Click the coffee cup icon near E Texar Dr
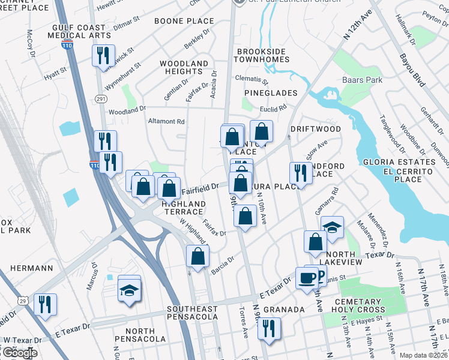click(x=308, y=278)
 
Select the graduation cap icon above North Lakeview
click(x=332, y=227)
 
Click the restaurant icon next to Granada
click(x=269, y=328)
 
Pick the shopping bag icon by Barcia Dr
click(x=198, y=256)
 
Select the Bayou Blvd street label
click(x=412, y=69)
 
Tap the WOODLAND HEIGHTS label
click(x=184, y=67)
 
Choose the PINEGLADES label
click(x=271, y=93)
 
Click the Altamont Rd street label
click(x=166, y=121)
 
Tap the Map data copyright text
click(x=423, y=355)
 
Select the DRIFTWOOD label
click(x=315, y=129)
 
